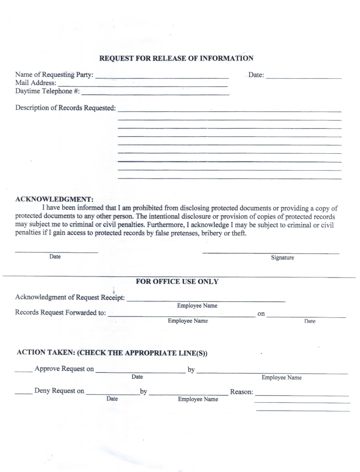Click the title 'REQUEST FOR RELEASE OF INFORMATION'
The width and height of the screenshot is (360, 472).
click(x=176, y=58)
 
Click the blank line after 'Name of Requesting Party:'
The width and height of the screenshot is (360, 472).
click(x=161, y=78)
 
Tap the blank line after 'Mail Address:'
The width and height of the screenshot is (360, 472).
click(x=142, y=86)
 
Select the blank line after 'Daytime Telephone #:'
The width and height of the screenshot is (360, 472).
click(x=155, y=94)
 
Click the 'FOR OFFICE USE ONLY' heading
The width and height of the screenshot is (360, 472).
click(x=177, y=282)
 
